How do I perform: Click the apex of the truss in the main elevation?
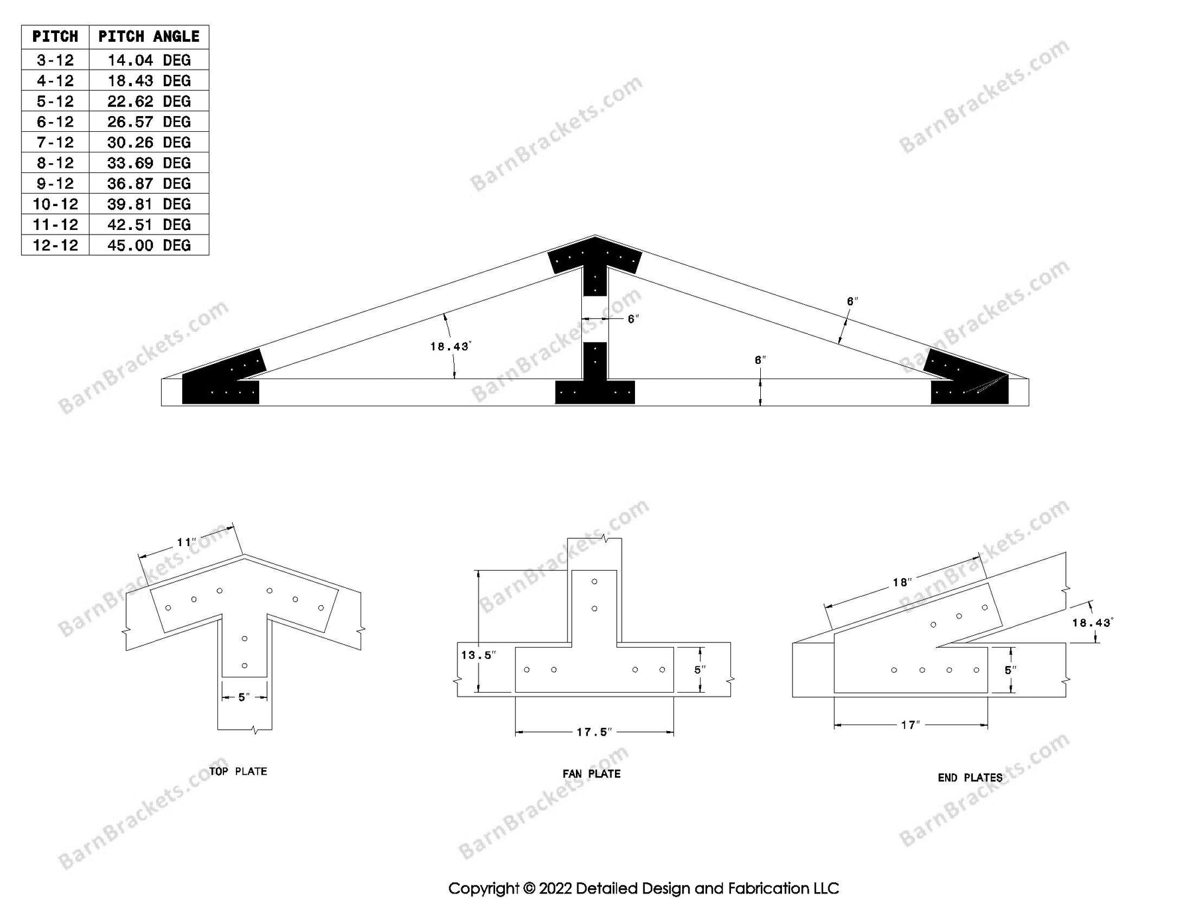point(595,235)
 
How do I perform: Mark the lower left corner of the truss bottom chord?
point(162,405)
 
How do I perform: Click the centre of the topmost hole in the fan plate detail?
point(595,582)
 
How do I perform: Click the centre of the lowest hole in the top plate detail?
point(245,665)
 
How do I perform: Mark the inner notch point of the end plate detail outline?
point(937,646)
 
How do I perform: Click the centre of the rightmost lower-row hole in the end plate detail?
point(976,670)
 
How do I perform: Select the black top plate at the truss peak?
point(595,265)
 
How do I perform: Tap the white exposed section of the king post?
point(595,319)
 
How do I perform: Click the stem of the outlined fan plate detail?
point(595,606)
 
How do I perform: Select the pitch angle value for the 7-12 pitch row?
point(148,143)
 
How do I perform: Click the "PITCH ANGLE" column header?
point(148,36)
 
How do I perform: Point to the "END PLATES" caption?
point(970,778)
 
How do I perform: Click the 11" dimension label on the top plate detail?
point(186,543)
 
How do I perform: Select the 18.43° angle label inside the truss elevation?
point(450,346)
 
